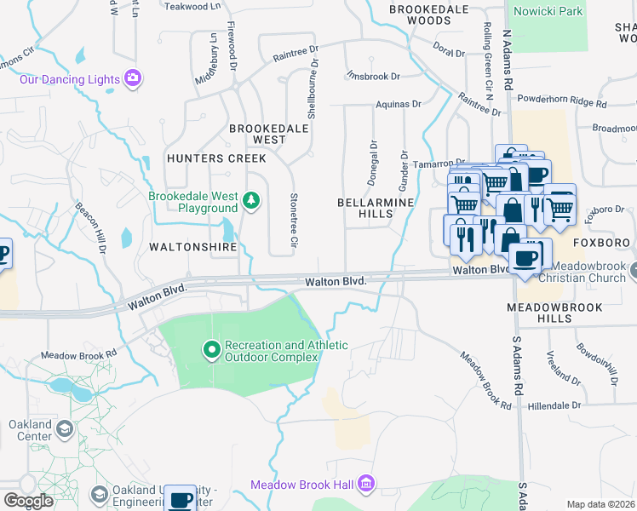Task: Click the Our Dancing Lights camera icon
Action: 132,78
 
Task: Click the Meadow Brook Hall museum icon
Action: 367,484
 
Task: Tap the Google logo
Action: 28,501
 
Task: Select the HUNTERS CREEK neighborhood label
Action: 216,158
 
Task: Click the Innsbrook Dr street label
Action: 373,76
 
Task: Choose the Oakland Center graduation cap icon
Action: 64,431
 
